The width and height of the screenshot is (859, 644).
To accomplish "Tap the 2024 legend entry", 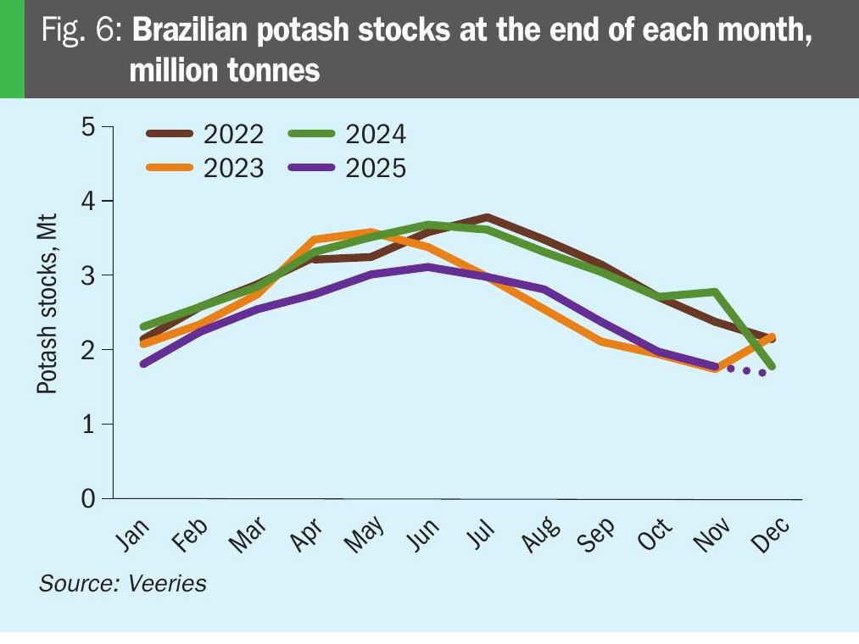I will (x=348, y=134).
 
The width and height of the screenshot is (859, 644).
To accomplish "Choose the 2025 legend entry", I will (x=348, y=168).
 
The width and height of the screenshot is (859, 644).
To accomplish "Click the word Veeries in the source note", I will (x=168, y=583).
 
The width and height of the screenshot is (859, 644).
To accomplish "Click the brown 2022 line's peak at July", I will (x=487, y=217).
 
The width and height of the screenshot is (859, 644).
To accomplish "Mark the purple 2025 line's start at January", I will (x=143, y=364).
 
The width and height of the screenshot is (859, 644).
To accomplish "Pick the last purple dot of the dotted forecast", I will (x=762, y=372).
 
